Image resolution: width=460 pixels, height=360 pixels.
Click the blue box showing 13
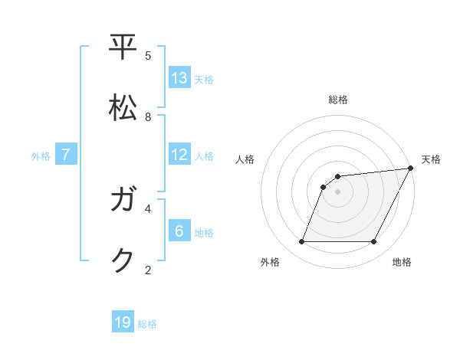point(179,78)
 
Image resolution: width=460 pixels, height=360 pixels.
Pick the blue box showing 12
point(179,155)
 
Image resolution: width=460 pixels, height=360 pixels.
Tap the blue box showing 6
point(179,231)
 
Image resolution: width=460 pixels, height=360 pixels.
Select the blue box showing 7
point(66,155)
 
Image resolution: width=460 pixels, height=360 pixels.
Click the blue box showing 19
point(123,322)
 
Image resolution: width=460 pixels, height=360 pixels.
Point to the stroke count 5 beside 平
point(148,55)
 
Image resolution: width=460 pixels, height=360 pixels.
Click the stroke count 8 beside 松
point(148,116)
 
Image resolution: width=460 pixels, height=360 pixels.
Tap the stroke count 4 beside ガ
point(148,208)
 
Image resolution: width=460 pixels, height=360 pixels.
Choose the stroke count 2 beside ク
point(148,270)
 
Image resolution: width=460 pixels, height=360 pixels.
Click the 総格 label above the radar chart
point(338,100)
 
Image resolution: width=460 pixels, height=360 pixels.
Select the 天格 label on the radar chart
point(431,159)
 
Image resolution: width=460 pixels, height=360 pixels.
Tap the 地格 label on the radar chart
point(402,262)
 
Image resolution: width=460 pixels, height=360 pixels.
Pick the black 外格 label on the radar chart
point(270,262)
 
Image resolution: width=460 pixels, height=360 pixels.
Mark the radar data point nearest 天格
point(410,169)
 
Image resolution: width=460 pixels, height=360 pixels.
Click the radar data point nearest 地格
point(373,242)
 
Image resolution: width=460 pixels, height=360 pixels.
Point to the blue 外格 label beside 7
point(41,155)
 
